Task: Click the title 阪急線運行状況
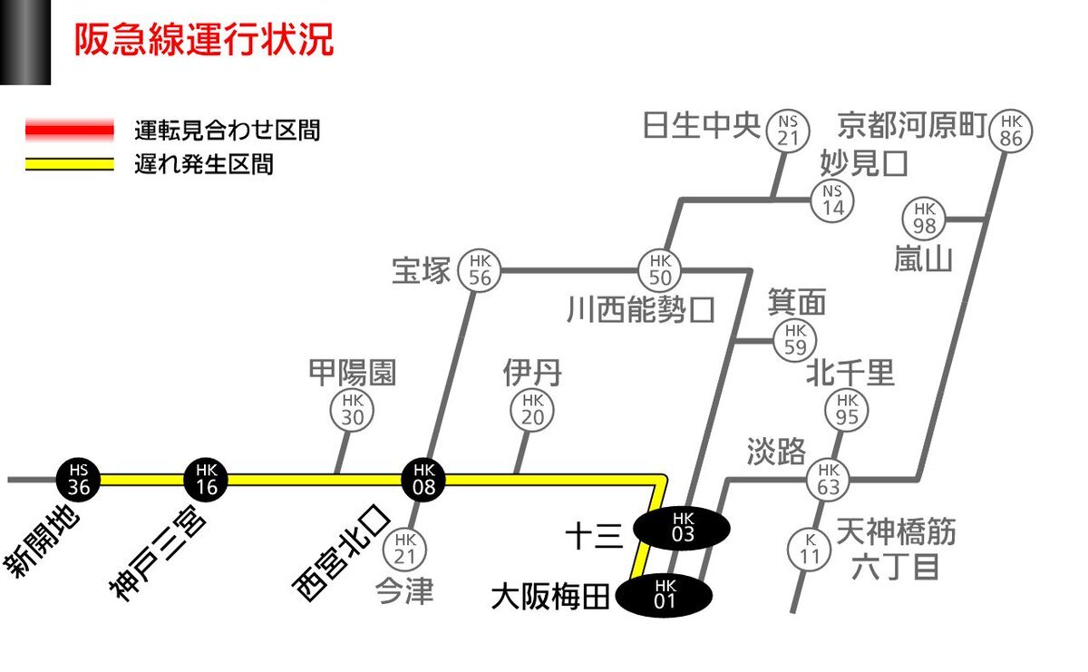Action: pos(204,40)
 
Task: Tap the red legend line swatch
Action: pos(70,131)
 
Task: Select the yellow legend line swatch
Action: pos(70,164)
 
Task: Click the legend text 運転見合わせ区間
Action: pos(228,131)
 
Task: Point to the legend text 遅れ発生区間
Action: pos(204,164)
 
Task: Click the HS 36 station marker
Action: pos(79,480)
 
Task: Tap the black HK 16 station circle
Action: pos(206,480)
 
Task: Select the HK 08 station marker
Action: pos(423,480)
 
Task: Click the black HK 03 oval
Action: pos(682,528)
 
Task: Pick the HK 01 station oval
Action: pos(665,595)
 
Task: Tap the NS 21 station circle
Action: pos(788,131)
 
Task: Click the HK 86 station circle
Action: pos(1011,131)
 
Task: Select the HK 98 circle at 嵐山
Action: pos(924,219)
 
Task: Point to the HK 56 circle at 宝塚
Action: pos(480,270)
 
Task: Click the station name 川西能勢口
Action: pos(641,309)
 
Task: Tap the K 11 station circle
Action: pos(809,550)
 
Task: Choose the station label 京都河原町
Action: pos(912,125)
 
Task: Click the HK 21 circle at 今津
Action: pos(404,550)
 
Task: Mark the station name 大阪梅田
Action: pos(550,596)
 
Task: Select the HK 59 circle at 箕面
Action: pos(794,340)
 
